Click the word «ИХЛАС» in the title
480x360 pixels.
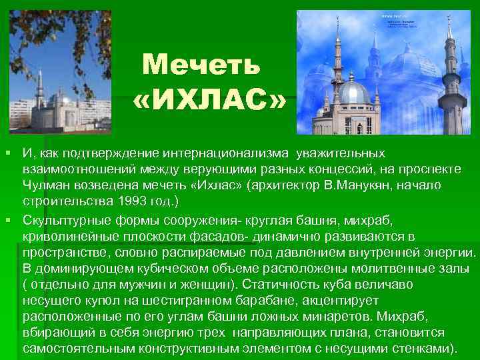pyautogui.click(x=210, y=101)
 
